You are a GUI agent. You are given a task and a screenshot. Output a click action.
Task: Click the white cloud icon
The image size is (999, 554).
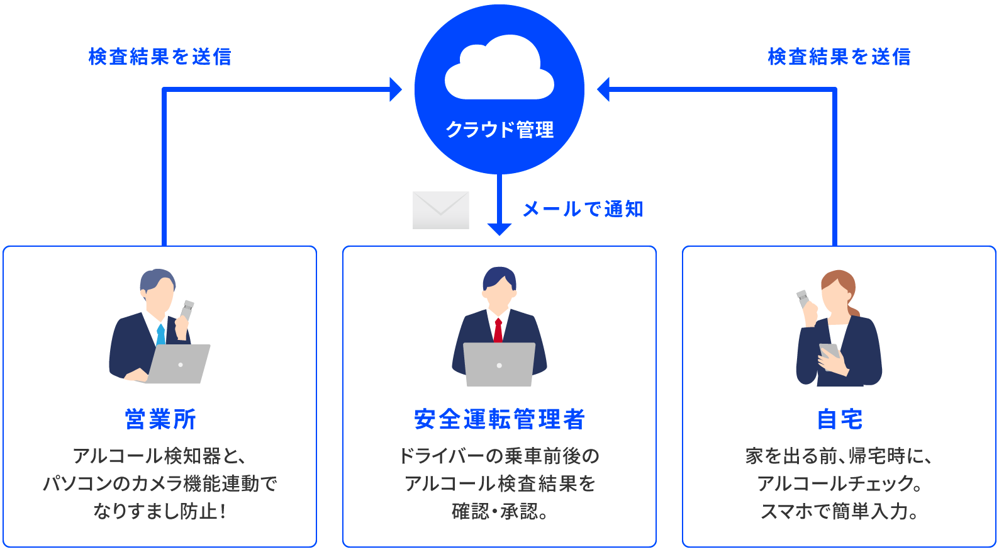(x=499, y=69)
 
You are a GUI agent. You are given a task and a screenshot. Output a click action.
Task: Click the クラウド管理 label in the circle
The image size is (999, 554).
(x=499, y=130)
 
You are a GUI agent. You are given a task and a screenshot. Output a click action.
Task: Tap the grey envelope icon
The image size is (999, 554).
(x=440, y=210)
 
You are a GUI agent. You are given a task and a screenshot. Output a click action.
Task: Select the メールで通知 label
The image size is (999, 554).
(x=583, y=209)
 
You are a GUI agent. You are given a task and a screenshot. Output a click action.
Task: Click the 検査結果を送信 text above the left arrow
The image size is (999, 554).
(x=160, y=57)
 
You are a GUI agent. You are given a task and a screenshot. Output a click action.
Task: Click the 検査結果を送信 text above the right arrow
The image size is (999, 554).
(x=839, y=57)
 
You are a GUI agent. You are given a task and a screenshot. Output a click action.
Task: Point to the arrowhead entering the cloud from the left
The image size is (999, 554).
(x=396, y=89)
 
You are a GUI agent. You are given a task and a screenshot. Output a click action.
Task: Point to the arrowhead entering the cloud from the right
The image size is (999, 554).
(x=603, y=89)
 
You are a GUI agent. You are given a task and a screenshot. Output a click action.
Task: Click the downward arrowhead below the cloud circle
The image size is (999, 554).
(x=499, y=229)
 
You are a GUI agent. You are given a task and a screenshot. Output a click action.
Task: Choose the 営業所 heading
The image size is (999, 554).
(x=160, y=419)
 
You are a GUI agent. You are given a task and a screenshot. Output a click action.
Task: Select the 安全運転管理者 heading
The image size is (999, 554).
(x=499, y=419)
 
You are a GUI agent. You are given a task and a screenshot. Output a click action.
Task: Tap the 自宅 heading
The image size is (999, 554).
(x=839, y=419)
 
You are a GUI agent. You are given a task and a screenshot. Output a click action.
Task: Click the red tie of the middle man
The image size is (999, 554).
(x=498, y=331)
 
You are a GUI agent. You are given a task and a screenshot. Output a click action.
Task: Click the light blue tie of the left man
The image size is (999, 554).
(x=161, y=334)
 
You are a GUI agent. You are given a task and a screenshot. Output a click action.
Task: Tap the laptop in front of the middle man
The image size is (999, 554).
(x=499, y=364)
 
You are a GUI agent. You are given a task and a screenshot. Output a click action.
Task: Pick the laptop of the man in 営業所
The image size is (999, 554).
(x=180, y=364)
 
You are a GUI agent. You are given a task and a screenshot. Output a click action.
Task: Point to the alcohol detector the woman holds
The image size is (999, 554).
(x=803, y=298)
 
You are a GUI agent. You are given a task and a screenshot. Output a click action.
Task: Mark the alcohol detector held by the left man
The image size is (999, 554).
(x=187, y=310)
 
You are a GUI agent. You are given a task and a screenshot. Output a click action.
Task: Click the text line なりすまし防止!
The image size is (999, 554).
(x=160, y=511)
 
